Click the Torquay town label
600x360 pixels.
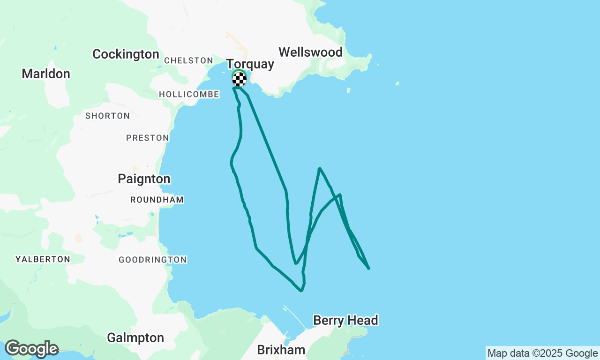pos(250,64)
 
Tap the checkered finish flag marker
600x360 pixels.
pos(239,79)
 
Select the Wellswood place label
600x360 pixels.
pos(310,52)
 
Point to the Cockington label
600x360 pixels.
pos(126,54)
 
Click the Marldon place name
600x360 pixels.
pos(46,74)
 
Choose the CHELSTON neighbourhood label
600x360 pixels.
pos(188,60)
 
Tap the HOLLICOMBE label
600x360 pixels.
pos(189,94)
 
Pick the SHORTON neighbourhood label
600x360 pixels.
pos(107,116)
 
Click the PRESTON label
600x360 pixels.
pos(147,138)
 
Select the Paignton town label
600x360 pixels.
pos(144,179)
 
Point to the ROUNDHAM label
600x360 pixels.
pos(157,200)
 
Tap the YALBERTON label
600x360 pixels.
pos(43,259)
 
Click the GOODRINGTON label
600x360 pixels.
pos(152,260)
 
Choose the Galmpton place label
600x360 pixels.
pos(135,337)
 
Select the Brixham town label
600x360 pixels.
pos(281,350)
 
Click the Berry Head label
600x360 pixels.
pos(345,321)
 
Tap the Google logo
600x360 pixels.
pos(31,349)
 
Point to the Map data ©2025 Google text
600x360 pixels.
pos(542,353)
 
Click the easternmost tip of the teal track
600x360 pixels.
pos(369,269)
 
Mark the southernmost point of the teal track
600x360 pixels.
pos(301,291)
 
